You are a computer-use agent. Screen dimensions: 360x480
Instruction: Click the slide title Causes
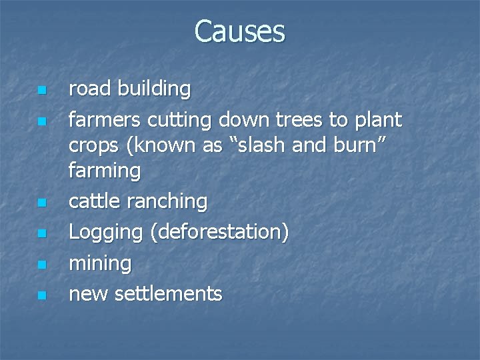tap(239, 31)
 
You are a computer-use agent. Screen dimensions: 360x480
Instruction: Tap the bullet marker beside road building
tap(41, 90)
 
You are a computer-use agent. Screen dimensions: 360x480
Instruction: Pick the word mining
tap(100, 264)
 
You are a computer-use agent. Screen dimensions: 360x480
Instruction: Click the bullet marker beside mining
tap(41, 265)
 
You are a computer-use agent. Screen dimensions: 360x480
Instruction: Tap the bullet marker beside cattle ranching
tap(41, 202)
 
